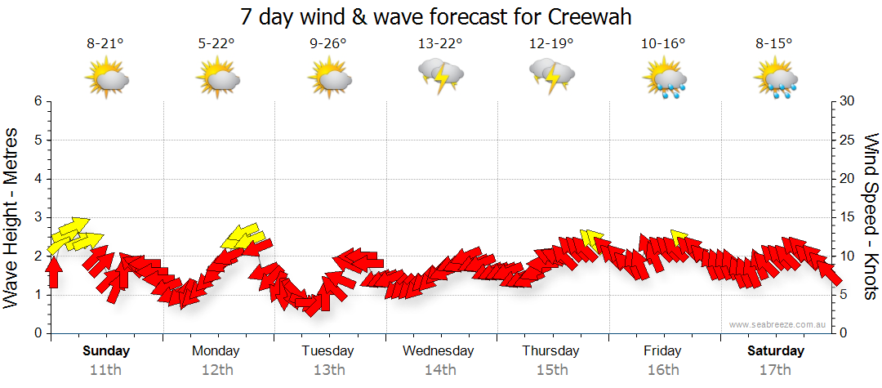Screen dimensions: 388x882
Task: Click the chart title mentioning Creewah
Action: coord(436,16)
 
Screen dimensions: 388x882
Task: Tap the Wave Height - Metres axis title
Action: coord(12,217)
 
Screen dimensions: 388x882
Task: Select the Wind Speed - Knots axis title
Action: coord(870,217)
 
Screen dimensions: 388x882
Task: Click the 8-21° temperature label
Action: coord(105,44)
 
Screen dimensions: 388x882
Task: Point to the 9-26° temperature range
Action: coord(328,44)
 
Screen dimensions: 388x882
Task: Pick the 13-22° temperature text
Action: coord(440,44)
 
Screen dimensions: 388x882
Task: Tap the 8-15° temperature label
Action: coord(774,44)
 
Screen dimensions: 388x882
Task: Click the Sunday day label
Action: coord(106,351)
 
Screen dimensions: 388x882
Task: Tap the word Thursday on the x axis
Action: coord(551,351)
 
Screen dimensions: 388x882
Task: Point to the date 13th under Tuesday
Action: coord(328,369)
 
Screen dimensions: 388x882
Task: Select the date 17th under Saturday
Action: coord(775,369)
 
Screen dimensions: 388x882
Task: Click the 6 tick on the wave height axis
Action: coord(37,101)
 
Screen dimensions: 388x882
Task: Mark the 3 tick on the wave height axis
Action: coord(37,217)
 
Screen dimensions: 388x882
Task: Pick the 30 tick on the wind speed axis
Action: coord(848,101)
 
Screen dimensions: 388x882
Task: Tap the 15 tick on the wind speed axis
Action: coord(848,217)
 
